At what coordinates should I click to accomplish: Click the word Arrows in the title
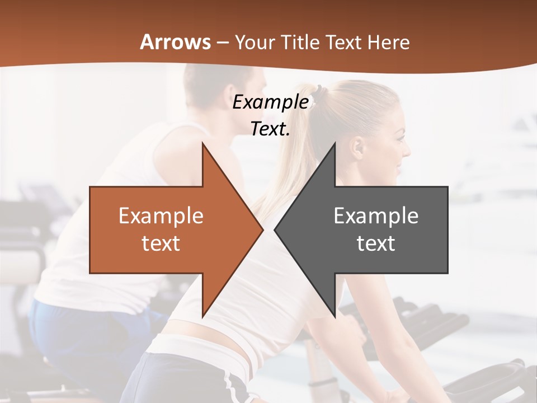[x=176, y=42]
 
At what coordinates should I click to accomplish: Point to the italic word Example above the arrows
[x=270, y=102]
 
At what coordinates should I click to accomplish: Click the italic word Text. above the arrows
[x=270, y=129]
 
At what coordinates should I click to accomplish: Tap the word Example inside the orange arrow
[x=161, y=216]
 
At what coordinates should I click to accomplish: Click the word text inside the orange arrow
[x=161, y=243]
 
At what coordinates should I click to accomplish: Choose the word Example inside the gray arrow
[x=376, y=216]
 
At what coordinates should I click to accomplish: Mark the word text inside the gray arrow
[x=376, y=243]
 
